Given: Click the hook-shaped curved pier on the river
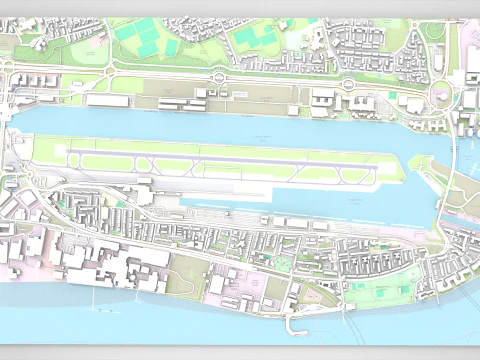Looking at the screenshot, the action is point(295,325).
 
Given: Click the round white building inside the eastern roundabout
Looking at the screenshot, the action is point(439,95).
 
